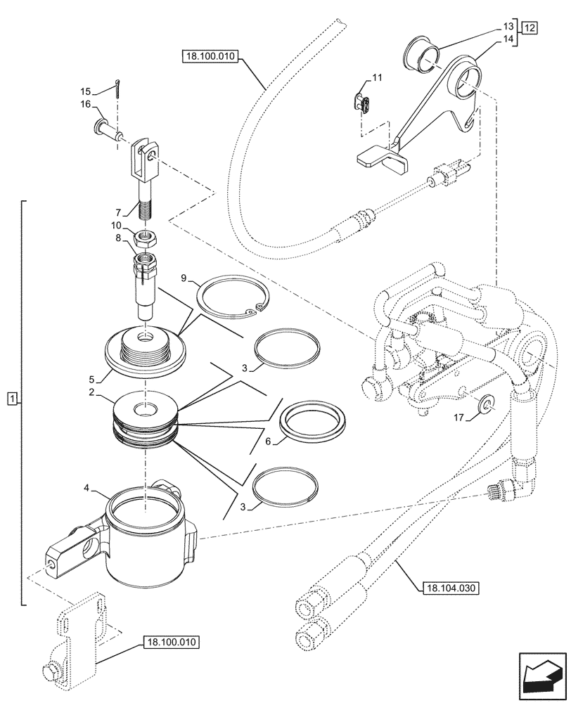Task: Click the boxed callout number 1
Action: point(11,399)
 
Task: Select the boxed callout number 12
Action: point(529,29)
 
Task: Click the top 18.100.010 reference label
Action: point(209,56)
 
